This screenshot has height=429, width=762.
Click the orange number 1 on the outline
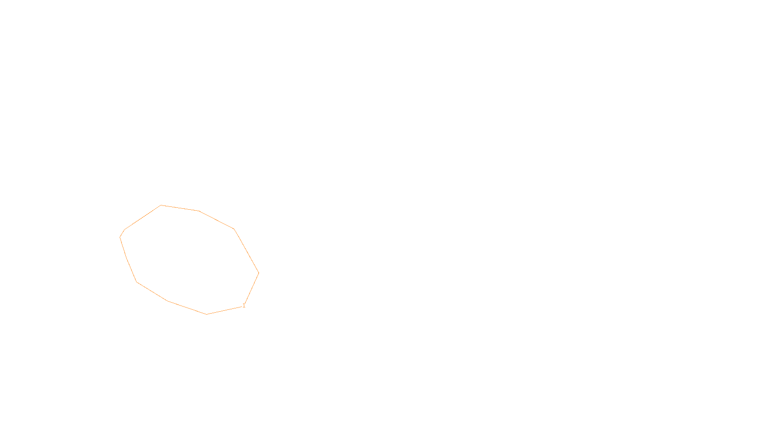[x=244, y=306]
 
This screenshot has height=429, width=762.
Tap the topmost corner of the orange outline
[x=161, y=205]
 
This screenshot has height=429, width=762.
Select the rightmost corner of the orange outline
[x=259, y=273]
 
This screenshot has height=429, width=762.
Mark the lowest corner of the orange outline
[x=207, y=314]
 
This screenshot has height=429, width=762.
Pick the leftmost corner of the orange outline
[x=120, y=237]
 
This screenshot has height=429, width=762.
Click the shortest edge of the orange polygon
[x=122, y=233]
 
